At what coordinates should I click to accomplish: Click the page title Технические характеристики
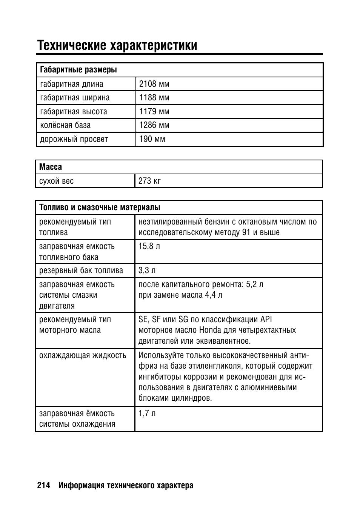click(117, 45)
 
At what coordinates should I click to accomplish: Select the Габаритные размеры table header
click(78, 70)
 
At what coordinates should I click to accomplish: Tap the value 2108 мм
click(154, 84)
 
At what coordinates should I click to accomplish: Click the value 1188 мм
click(154, 98)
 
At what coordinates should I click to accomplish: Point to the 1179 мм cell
click(154, 112)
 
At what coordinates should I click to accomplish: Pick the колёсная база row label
click(65, 125)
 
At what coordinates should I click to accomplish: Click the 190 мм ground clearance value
click(152, 139)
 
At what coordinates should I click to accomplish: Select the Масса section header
click(51, 167)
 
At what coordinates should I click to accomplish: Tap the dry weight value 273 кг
click(149, 181)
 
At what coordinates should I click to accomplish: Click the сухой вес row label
click(57, 181)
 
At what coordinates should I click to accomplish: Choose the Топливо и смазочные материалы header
click(100, 208)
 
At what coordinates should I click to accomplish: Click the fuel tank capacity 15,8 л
click(149, 246)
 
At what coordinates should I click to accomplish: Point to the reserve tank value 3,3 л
click(147, 271)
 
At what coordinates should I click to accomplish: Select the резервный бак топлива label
click(81, 271)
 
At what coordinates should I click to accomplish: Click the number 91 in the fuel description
click(246, 232)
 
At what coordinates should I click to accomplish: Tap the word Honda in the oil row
click(210, 330)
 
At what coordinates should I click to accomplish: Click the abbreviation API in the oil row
click(266, 320)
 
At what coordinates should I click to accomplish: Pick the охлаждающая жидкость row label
click(83, 355)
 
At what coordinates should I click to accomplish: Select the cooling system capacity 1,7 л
click(147, 414)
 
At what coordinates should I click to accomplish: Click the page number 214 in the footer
click(44, 486)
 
